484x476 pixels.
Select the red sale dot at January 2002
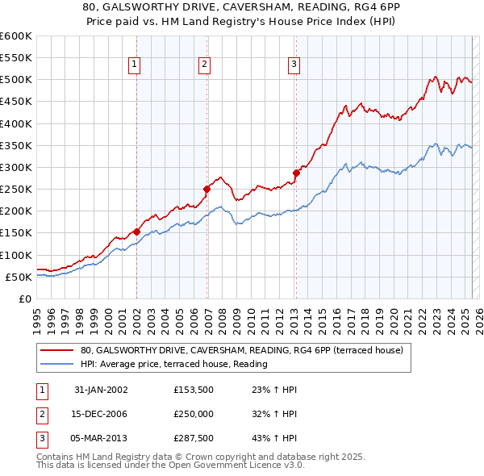click(x=136, y=232)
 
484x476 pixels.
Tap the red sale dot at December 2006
click(x=207, y=189)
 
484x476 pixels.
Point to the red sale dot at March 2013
click(x=296, y=173)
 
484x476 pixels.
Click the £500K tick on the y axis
click(x=16, y=80)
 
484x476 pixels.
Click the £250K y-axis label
click(x=16, y=190)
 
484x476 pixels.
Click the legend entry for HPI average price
click(x=173, y=364)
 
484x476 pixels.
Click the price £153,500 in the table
click(x=194, y=390)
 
